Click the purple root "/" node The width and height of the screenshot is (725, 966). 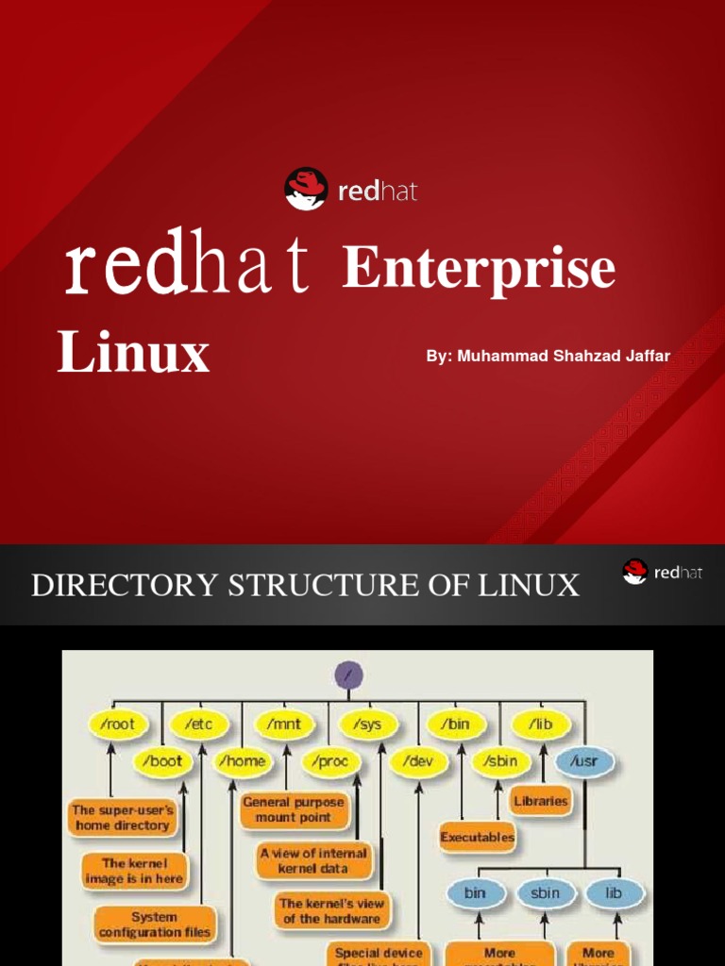(348, 675)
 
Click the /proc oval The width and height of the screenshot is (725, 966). (330, 760)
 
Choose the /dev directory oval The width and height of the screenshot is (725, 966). (416, 760)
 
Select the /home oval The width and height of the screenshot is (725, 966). (242, 760)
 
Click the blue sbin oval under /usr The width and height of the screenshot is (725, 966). (545, 892)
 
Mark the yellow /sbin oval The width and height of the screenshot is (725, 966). (500, 760)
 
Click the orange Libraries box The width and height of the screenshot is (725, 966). (541, 801)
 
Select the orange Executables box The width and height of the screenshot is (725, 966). (478, 836)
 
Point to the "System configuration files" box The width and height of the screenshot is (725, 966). (155, 924)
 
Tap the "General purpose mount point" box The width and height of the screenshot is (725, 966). (294, 809)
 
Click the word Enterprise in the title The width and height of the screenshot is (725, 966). (479, 269)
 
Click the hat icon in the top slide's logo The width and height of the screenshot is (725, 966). (306, 189)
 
